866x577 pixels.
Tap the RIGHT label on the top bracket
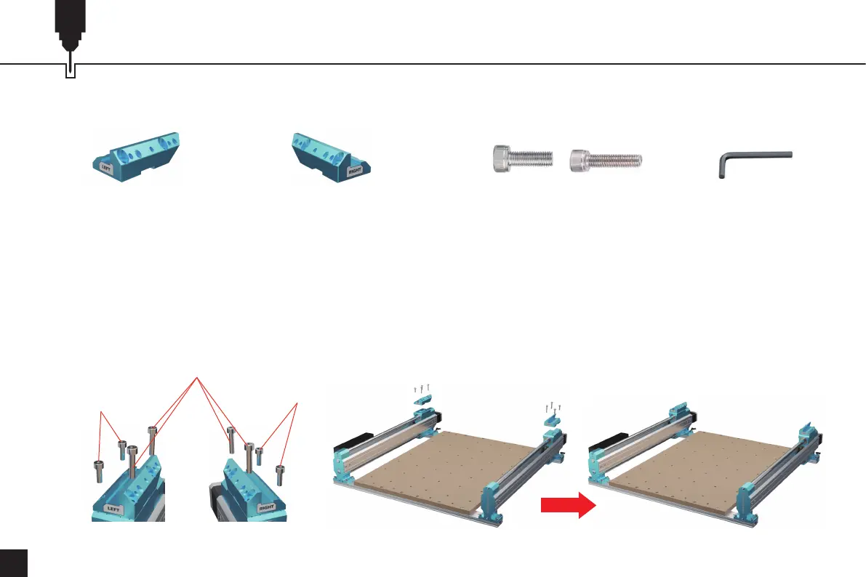click(354, 172)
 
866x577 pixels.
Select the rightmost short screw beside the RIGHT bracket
click(279, 475)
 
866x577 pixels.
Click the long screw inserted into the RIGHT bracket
click(249, 458)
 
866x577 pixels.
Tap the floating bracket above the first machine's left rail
click(422, 399)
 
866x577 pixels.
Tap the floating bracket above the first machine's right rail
click(552, 416)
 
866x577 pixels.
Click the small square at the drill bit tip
click(71, 71)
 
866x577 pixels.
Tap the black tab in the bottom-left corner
click(13, 563)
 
